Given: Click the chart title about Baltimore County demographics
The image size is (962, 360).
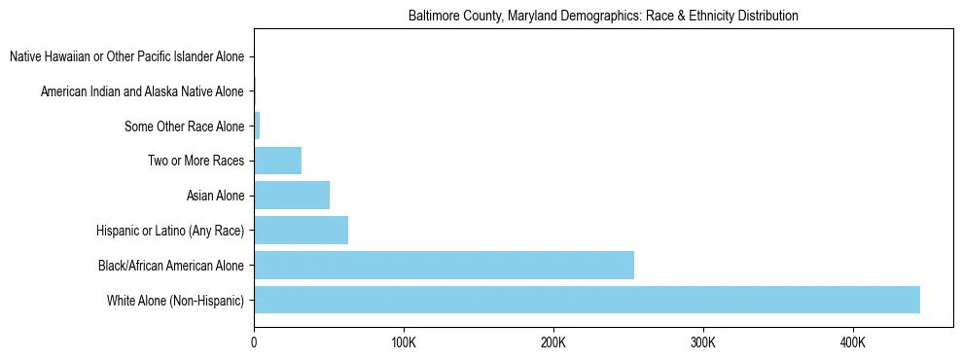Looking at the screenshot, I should (x=603, y=16).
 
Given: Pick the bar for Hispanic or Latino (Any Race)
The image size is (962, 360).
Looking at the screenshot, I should (x=301, y=231).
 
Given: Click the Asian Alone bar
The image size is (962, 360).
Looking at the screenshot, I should (x=292, y=196).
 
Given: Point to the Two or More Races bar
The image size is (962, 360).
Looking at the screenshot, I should (x=277, y=161).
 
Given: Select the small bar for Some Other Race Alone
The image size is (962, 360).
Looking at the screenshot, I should (x=257, y=126).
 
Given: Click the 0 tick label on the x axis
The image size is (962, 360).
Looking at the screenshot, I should (x=254, y=342).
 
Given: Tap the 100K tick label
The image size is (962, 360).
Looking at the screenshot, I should (x=403, y=342).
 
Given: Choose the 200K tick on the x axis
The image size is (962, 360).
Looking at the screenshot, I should (x=552, y=342).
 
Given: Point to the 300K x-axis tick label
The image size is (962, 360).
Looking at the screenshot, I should (x=702, y=342).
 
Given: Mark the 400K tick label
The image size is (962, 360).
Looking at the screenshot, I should (x=852, y=342).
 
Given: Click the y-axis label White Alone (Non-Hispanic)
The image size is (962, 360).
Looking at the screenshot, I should (x=176, y=301).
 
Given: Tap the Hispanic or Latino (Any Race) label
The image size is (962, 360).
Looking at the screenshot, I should (x=171, y=231).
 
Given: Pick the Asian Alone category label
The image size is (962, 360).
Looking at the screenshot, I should (x=215, y=197).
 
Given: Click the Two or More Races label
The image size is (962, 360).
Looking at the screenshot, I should (x=196, y=162).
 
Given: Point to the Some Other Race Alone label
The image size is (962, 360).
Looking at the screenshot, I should (x=185, y=126).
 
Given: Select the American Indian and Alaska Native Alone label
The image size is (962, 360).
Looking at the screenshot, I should (x=143, y=92).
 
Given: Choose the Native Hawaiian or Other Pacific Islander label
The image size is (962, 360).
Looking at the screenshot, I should (x=127, y=57).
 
